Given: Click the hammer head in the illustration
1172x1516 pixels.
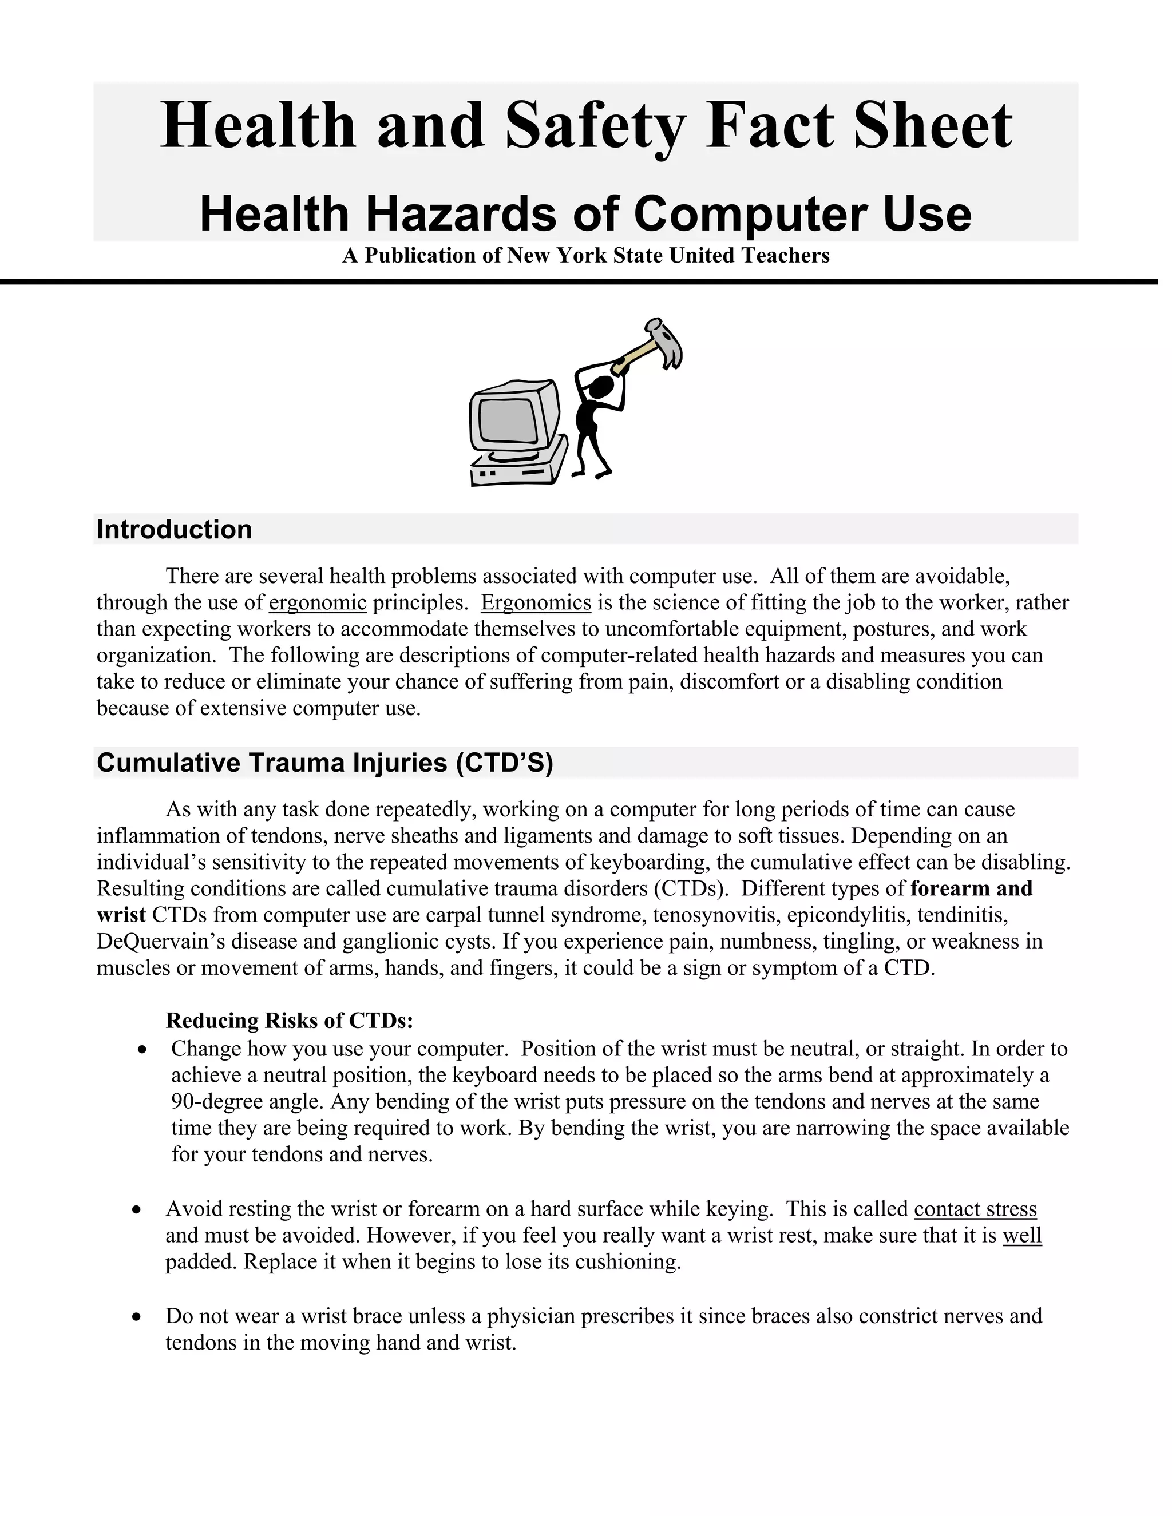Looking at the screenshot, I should [x=664, y=342].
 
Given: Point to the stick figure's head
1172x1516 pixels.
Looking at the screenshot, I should [x=601, y=388].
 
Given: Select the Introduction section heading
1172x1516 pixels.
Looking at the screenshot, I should [x=175, y=530].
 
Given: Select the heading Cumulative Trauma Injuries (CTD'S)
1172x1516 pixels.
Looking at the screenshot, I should [x=324, y=763].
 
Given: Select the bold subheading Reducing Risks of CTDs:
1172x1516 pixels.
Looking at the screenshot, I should [x=290, y=1021].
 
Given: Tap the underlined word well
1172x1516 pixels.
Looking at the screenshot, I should [x=1022, y=1235].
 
